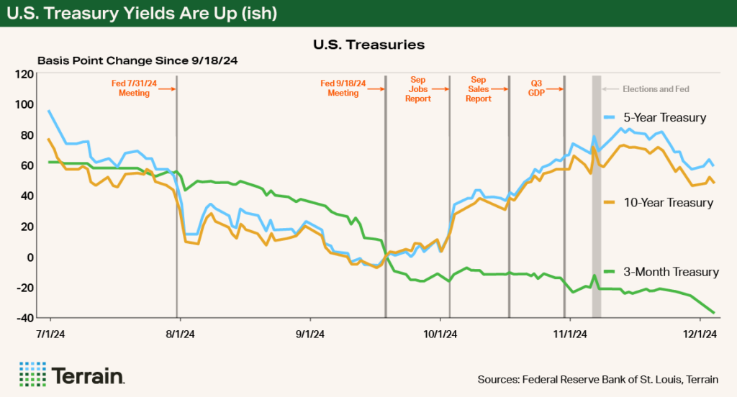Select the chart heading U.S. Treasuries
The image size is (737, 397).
click(x=368, y=45)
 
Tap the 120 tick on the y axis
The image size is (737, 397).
click(x=27, y=74)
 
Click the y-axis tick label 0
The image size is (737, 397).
click(x=31, y=257)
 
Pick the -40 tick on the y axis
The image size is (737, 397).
click(x=25, y=318)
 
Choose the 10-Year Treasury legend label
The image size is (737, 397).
click(x=668, y=203)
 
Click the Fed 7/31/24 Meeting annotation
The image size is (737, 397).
click(x=135, y=88)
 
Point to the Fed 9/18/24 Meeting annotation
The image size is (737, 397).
click(x=343, y=88)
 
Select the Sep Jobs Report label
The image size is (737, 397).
click(x=418, y=88)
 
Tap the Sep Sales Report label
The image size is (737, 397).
click(x=479, y=88)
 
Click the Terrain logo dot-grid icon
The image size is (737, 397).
click(x=32, y=375)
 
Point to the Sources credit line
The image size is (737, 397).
click(x=597, y=379)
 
